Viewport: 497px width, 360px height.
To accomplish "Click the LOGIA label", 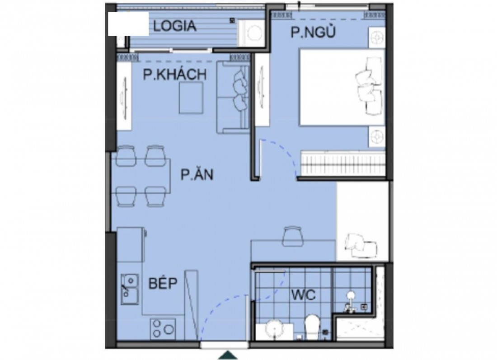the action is (175, 26).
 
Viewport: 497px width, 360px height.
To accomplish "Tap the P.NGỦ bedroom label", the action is (313, 32).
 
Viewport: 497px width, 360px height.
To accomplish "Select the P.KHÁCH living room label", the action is (175, 75).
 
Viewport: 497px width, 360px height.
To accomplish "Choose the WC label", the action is (304, 295).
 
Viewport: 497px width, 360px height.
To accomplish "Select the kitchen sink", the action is (130, 289).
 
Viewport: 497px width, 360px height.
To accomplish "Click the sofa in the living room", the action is (233, 97).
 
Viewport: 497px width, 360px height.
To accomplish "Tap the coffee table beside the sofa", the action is (191, 98).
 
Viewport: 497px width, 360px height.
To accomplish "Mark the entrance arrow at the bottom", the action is (228, 355).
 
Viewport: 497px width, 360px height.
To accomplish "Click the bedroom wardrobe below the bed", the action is (343, 163).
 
